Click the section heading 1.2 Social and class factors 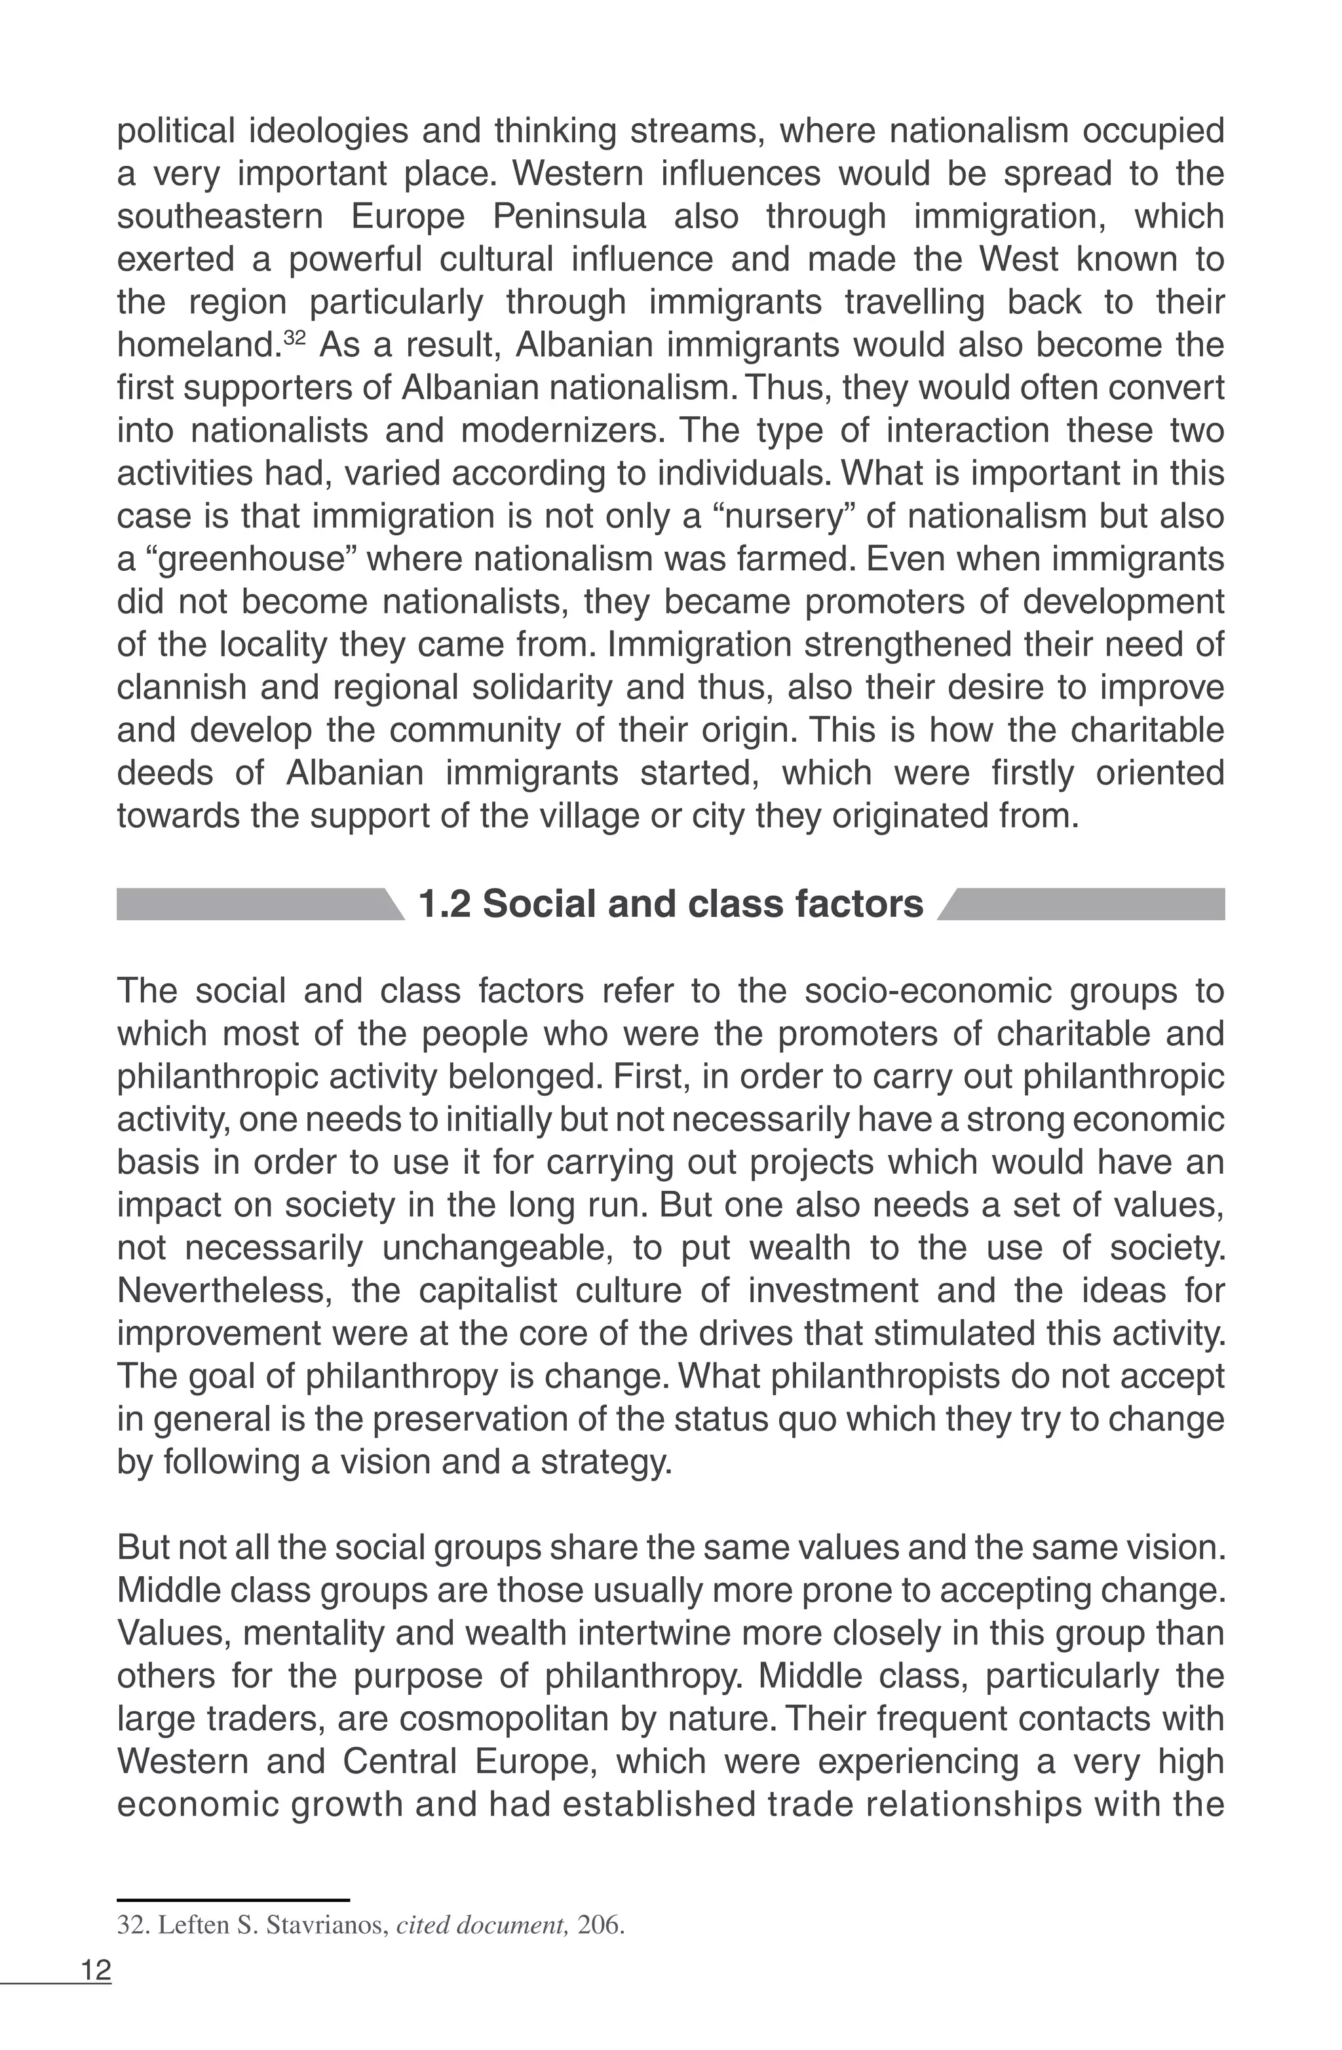(x=670, y=905)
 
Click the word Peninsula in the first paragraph (x=569, y=216)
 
